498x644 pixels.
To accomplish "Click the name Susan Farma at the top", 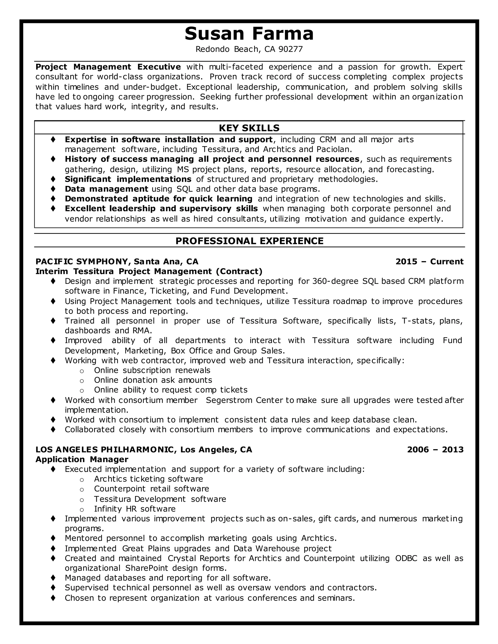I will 249,34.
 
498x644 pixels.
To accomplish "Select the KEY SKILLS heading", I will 249,128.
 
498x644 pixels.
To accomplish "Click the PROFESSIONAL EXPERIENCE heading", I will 249,241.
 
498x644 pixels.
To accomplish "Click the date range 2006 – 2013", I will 435,449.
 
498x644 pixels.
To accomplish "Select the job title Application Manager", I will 82,459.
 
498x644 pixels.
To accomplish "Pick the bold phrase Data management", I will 106,189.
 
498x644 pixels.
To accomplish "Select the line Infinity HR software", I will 134,509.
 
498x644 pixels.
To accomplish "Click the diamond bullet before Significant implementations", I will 53,179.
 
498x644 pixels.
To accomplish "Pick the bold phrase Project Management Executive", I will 108,67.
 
